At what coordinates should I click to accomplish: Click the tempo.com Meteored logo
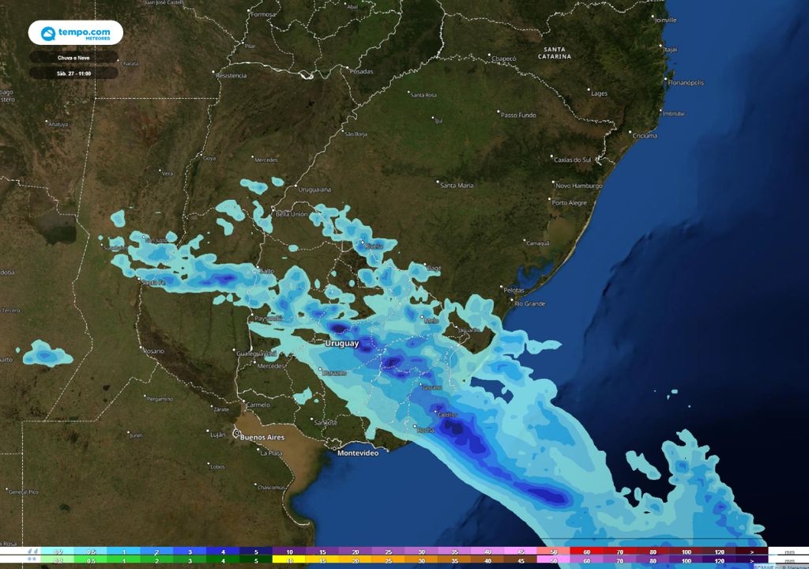point(75,33)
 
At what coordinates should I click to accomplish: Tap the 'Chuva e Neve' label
point(73,58)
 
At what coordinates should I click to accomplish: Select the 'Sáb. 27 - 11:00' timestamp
point(73,73)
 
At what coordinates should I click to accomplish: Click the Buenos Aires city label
point(262,437)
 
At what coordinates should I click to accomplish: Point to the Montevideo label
point(358,453)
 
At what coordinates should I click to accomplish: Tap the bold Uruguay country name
point(342,344)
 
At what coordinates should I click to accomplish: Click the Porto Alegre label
point(570,203)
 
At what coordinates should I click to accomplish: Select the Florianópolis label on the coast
point(685,82)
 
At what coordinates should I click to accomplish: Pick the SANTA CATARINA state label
point(559,54)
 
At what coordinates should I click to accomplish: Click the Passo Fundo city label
point(518,115)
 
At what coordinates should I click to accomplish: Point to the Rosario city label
point(153,351)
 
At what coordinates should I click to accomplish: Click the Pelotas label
point(514,290)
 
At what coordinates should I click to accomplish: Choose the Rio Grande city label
point(530,303)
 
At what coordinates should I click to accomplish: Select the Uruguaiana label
point(314,190)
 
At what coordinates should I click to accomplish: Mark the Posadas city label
point(360,71)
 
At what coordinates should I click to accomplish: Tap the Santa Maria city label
point(457,186)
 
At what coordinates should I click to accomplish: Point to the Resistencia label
point(231,75)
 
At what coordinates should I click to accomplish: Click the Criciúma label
point(645,136)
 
